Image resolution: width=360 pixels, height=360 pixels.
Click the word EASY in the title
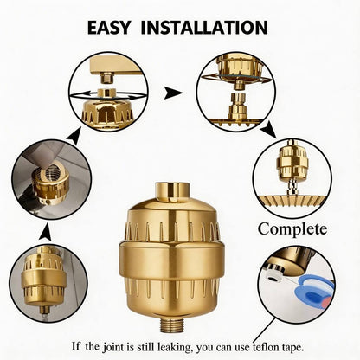pos(109,28)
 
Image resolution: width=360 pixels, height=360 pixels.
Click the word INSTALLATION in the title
pos(204,28)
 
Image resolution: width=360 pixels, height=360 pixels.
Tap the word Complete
pos(292,229)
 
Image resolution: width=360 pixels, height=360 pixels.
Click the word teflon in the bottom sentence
pos(267,346)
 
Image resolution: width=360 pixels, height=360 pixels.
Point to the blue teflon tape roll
pos(314,292)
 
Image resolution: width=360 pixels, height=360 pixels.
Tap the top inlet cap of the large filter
pos(172,192)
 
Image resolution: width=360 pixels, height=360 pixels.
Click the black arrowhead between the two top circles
pos(173,93)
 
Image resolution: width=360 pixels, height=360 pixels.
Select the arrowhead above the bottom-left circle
pos(46,233)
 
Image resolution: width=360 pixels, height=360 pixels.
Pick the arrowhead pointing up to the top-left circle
pos(74,136)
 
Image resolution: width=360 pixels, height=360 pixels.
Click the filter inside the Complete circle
pos(292,164)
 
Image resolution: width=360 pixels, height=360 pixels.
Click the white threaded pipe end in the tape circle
pos(273,276)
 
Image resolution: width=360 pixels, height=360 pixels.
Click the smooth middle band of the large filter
pos(172,261)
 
